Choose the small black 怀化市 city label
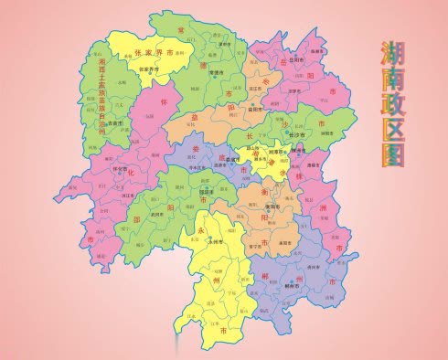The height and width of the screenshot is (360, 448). (x=118, y=169)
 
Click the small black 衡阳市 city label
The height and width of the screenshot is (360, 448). (x=272, y=207)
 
